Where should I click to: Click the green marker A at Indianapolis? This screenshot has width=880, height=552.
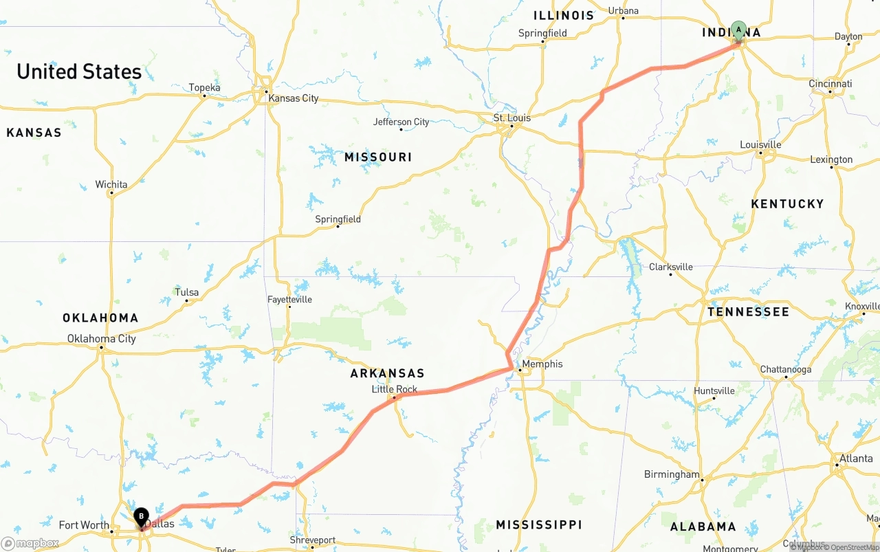[x=738, y=31]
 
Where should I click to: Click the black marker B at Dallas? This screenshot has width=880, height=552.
[x=141, y=516]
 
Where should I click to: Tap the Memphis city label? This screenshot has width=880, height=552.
[x=542, y=364]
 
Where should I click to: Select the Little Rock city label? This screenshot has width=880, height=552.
[x=394, y=389]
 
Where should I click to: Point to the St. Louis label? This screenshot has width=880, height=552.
[x=512, y=118]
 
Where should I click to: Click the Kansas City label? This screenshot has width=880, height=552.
[x=293, y=98]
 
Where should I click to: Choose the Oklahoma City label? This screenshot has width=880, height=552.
[x=101, y=338]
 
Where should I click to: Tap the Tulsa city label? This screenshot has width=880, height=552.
[x=186, y=292]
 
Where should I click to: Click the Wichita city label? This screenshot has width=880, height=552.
[x=111, y=184]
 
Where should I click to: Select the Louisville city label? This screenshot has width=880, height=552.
[x=760, y=144]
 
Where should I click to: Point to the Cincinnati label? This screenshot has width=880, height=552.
[x=830, y=84]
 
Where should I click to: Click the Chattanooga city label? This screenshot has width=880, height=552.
[x=785, y=369]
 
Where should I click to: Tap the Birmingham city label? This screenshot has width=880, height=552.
[x=671, y=474]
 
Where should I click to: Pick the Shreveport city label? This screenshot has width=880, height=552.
[x=312, y=540]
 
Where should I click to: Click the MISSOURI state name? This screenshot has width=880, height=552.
[x=378, y=157]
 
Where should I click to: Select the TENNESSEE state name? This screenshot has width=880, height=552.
[x=748, y=312]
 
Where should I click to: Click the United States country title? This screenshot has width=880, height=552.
[x=79, y=71]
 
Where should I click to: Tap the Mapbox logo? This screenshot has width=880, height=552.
[x=30, y=543]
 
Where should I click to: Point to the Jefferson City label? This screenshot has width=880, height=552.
[x=401, y=122]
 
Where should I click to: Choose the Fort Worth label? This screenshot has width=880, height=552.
[x=83, y=525]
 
